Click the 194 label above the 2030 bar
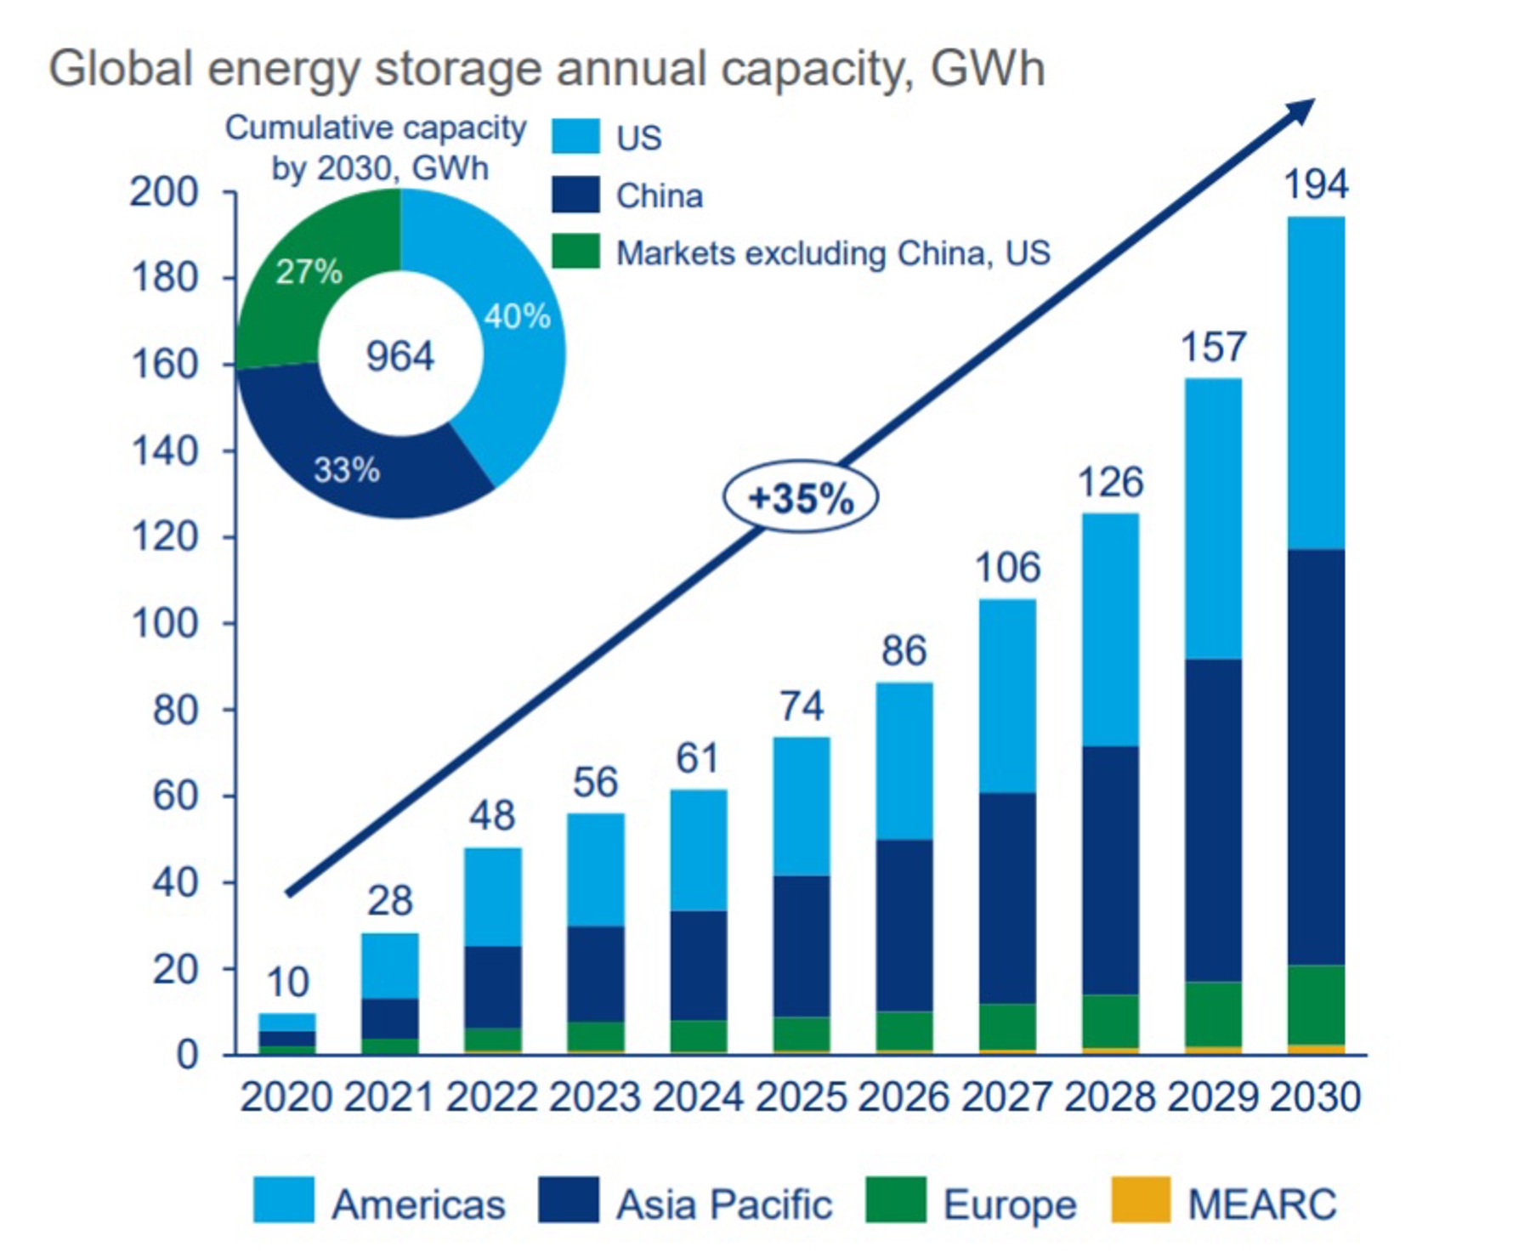tap(1315, 184)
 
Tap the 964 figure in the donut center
tap(399, 355)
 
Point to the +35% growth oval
tap(800, 497)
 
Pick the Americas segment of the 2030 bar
tap(1316, 382)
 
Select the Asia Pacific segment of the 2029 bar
tap(1213, 820)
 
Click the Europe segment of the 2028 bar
tap(1110, 1020)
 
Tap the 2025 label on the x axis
tap(801, 1096)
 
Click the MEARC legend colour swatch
tap(1140, 1199)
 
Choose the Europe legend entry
tap(1009, 1204)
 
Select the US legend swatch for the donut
tap(575, 137)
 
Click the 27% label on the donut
tap(309, 272)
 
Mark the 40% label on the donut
tap(517, 316)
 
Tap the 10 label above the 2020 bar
tap(287, 983)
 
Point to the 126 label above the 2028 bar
tap(1110, 482)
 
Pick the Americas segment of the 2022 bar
tap(493, 897)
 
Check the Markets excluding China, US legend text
tap(833, 253)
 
